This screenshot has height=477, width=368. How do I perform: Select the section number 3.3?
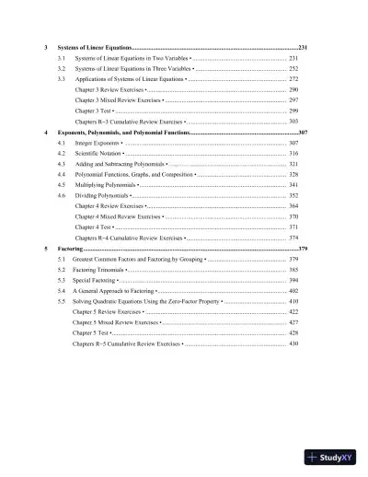pos(61,80)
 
